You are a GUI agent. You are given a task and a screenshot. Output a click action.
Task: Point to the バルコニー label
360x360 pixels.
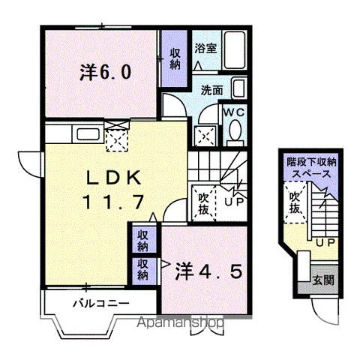click(101, 304)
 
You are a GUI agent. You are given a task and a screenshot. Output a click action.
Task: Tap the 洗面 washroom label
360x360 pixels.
click(211, 91)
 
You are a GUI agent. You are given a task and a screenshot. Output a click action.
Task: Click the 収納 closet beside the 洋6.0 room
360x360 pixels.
click(174, 59)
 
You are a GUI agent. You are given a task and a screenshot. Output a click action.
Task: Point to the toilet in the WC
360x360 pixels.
click(235, 133)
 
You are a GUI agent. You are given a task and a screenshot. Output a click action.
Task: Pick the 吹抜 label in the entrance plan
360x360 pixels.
click(295, 202)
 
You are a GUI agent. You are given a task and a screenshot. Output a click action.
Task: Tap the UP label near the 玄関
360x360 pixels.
click(324, 243)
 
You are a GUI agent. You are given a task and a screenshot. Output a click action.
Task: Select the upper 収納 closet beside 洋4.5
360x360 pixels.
click(142, 240)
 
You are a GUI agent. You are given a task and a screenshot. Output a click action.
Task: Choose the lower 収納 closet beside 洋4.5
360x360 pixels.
click(142, 268)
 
